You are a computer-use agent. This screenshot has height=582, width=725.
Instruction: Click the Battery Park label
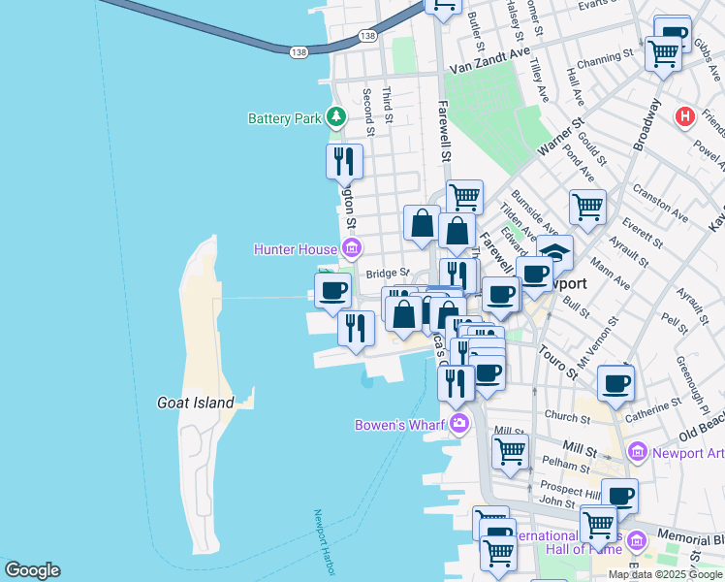click(284, 119)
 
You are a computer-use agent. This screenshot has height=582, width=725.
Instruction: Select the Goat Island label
click(196, 403)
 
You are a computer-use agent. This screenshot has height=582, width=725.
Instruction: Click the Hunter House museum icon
click(351, 249)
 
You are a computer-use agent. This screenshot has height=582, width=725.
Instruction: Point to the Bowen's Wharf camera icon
click(458, 423)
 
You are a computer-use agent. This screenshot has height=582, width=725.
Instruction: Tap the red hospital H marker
click(684, 117)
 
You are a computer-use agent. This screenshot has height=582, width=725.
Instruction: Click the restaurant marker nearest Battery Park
click(344, 161)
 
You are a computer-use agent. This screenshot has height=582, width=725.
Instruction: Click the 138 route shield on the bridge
click(299, 50)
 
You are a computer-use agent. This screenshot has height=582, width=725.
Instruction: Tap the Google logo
click(32, 570)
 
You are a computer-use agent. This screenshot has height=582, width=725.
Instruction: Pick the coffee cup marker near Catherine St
click(615, 383)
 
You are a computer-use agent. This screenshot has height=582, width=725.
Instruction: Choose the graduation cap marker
click(556, 253)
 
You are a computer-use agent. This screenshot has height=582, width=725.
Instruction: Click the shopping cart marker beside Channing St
click(663, 54)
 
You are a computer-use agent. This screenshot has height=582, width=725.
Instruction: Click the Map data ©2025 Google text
click(665, 574)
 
